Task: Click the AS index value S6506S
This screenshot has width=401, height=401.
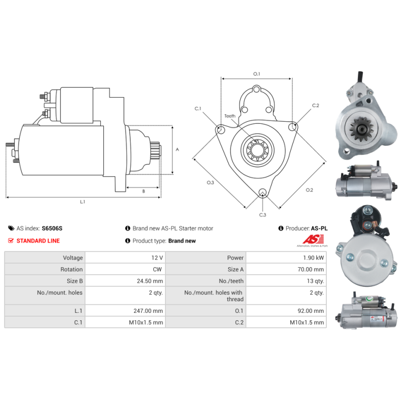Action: point(52,229)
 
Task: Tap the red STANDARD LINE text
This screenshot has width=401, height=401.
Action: point(38,241)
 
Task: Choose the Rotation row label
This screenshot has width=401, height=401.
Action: point(72,269)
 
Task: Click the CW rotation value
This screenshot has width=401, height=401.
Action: point(157,269)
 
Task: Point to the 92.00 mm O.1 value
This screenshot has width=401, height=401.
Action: point(311,311)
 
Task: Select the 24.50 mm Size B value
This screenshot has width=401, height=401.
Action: point(150,281)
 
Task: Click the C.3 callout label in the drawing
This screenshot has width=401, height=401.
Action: point(263,215)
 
